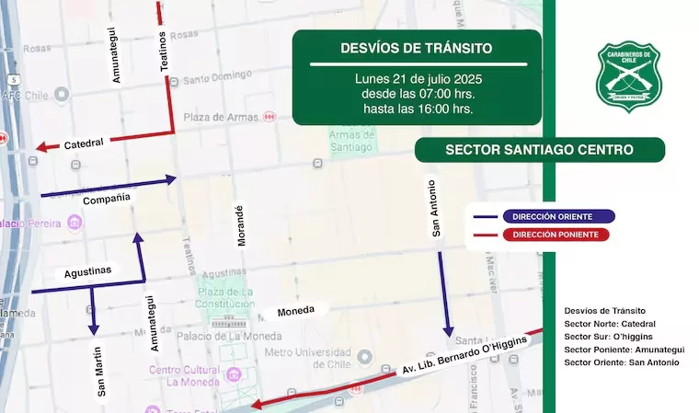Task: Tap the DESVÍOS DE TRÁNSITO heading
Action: coord(417,48)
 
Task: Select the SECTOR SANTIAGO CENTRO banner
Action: coord(539,149)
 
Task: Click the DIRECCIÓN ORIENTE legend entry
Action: coord(558,217)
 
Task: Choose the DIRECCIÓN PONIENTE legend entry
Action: coord(558,235)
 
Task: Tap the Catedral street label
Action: coord(84,143)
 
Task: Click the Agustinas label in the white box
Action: coord(87,270)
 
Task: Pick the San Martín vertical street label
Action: coord(100,372)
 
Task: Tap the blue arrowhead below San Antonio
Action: coord(448,331)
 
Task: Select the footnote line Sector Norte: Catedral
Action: coord(610,324)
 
